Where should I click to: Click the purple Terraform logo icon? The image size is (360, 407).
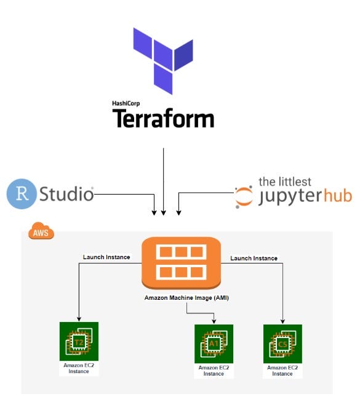coord(162,60)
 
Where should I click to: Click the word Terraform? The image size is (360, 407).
coord(162,118)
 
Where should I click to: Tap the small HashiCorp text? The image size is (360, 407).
coord(126,103)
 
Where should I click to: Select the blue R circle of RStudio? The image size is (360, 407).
coord(21,195)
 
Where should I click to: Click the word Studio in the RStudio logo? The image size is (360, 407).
coord(66,195)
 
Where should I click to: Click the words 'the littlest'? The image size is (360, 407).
coord(285,182)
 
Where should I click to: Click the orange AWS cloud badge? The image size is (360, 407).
coord(41,233)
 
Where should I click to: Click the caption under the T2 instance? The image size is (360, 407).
coord(78,368)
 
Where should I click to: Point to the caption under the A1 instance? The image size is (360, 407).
coord(213,371)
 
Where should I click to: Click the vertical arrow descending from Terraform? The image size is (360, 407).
coord(163,179)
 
